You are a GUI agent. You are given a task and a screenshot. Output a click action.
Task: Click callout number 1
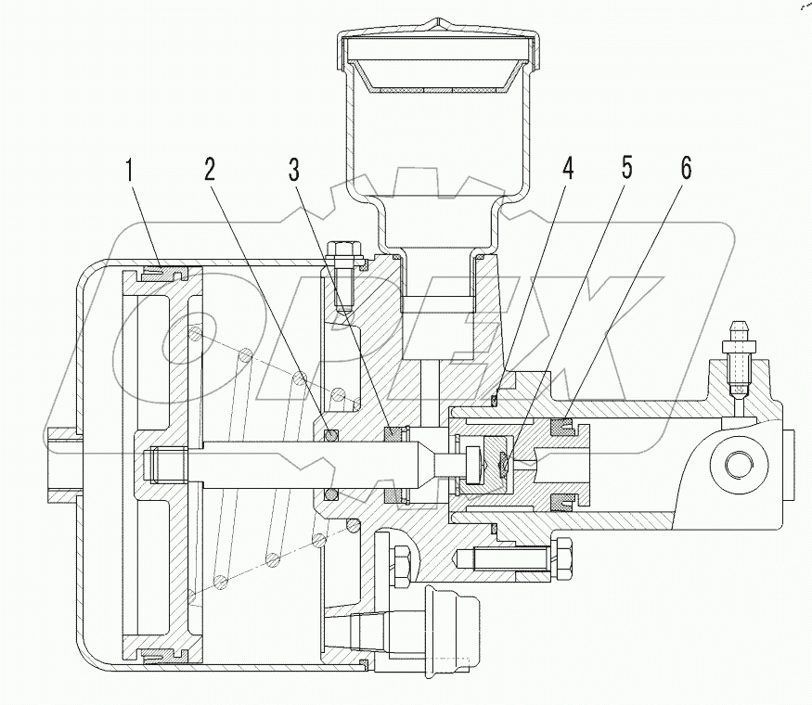[131, 170]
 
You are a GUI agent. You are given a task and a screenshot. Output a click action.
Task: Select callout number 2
[211, 170]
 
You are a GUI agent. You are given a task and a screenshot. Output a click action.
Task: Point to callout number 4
[567, 170]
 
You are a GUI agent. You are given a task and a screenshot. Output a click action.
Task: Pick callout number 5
[626, 170]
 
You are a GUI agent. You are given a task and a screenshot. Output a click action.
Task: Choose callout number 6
[686, 170]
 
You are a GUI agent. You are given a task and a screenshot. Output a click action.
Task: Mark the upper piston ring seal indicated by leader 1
[165, 274]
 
